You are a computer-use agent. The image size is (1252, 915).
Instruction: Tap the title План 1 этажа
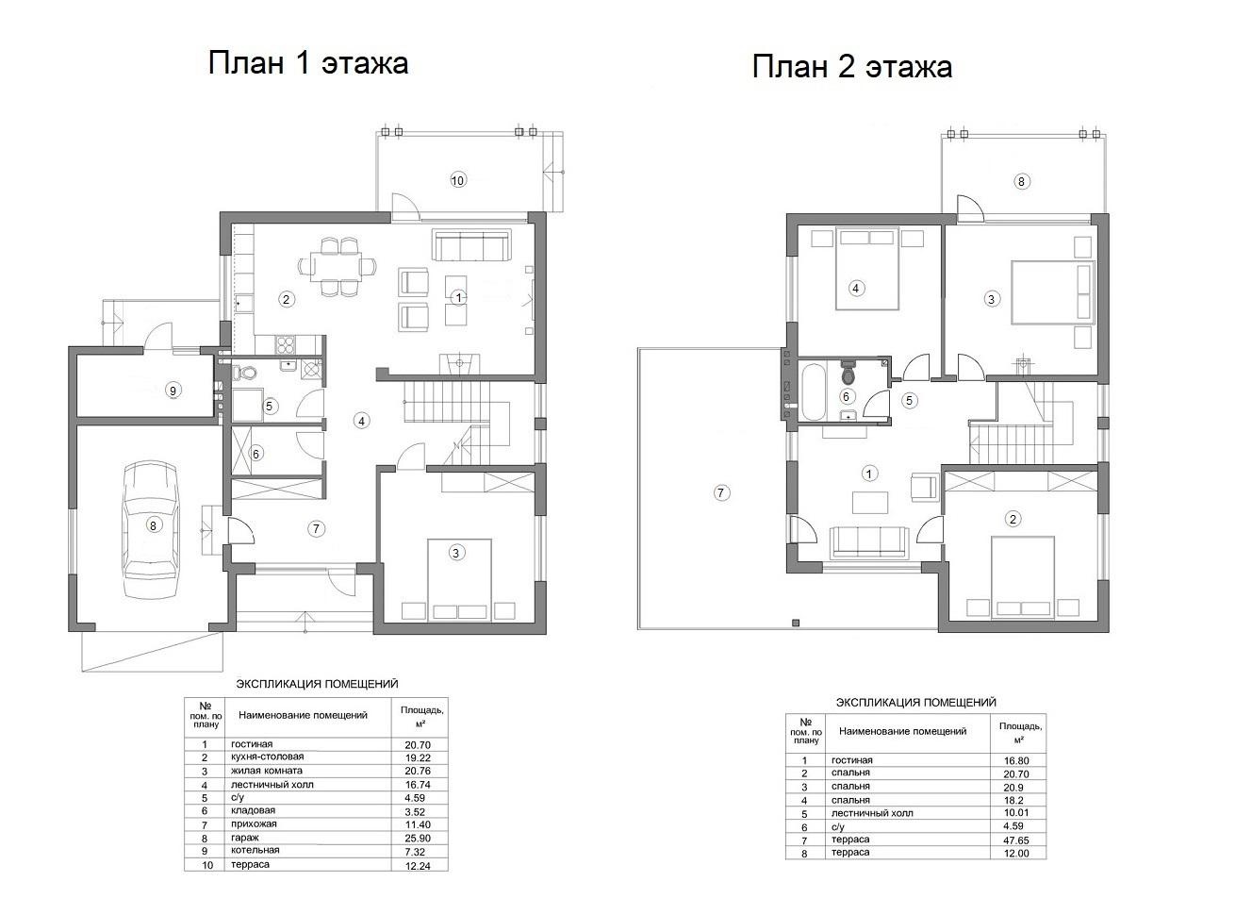pos(308,62)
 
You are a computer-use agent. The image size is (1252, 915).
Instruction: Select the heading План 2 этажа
pos(852,67)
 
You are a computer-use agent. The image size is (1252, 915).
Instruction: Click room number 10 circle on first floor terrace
pos(458,180)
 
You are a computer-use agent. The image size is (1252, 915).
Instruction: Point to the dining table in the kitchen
pos(338,266)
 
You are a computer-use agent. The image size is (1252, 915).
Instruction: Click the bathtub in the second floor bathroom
pos(813,391)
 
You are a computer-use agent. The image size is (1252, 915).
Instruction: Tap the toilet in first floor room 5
pos(243,371)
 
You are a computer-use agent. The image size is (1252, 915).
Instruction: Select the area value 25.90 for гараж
pos(418,838)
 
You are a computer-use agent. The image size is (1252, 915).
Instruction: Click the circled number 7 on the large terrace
pos(721,492)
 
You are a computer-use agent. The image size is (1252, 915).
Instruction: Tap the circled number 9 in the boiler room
pos(173,391)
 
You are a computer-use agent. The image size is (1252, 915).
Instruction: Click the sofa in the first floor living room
pos(471,245)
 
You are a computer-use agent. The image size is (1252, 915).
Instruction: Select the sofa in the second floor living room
pos(868,541)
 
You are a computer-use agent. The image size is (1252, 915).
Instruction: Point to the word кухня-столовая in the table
pos(267,757)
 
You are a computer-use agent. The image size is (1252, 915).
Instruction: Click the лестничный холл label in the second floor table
pos(872,813)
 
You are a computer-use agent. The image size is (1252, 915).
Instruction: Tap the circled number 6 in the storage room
pos(256,454)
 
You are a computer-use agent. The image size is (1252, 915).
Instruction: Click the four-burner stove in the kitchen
pos(285,344)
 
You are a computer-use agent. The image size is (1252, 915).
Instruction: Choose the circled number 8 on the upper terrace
pos(1021,181)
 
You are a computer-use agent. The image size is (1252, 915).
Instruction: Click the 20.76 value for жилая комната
pos(418,771)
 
